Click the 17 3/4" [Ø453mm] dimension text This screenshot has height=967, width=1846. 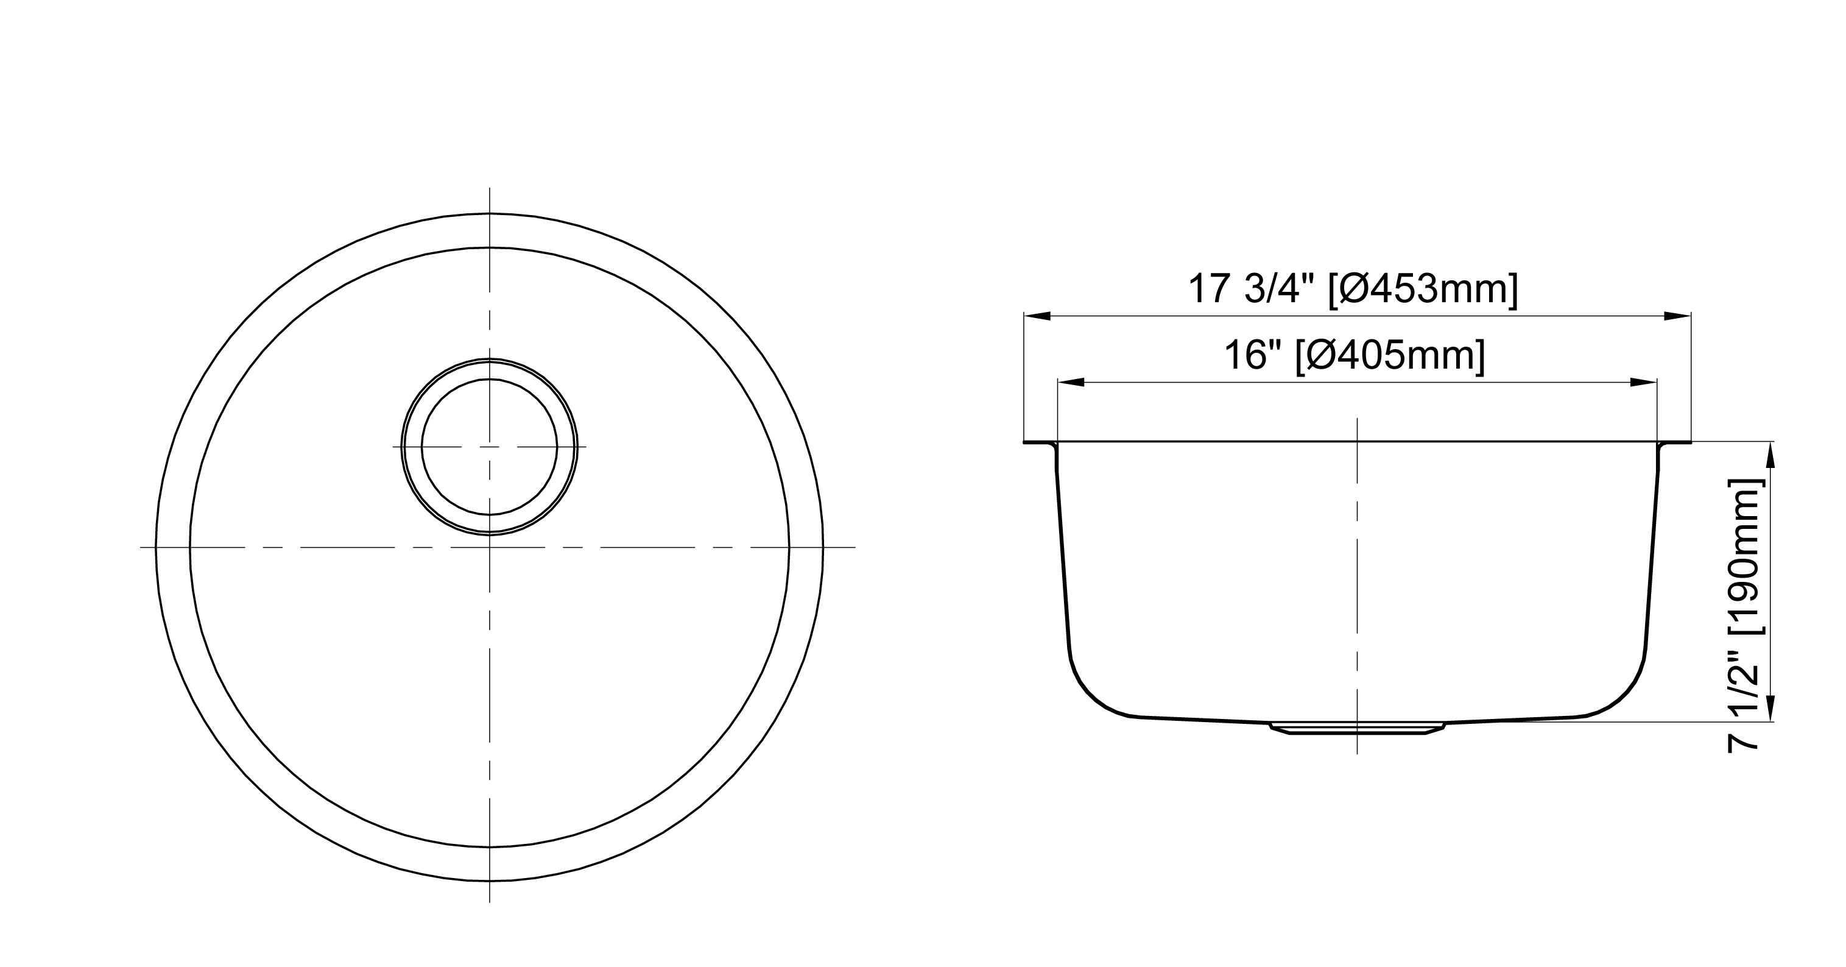click(1353, 289)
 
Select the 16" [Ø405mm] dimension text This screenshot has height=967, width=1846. click(1355, 356)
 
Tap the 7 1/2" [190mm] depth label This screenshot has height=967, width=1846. click(1743, 614)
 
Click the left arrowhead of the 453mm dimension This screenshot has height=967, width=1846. click(1038, 316)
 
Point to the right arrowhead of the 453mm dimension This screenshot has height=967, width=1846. click(1677, 316)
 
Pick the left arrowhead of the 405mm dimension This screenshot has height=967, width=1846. click(1071, 383)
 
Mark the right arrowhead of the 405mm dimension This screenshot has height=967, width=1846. click(1644, 383)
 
